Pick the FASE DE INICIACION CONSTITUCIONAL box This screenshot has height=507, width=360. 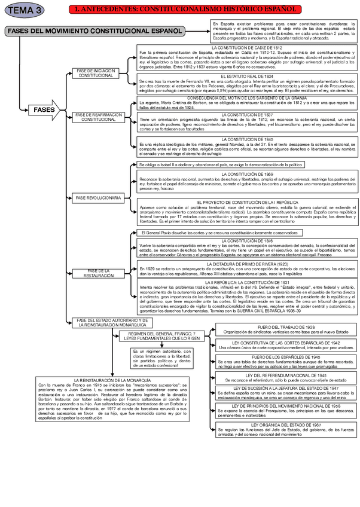(96, 74)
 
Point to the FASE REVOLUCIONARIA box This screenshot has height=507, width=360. (98, 197)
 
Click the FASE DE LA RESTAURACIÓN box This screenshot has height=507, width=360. (97, 273)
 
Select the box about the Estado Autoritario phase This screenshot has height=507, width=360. (111, 323)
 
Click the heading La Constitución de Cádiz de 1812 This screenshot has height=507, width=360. (247, 47)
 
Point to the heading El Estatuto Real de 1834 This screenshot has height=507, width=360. (247, 77)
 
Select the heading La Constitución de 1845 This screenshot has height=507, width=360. (247, 139)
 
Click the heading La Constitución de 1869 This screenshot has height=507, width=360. (247, 174)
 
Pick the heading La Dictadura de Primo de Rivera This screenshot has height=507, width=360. (247, 264)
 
